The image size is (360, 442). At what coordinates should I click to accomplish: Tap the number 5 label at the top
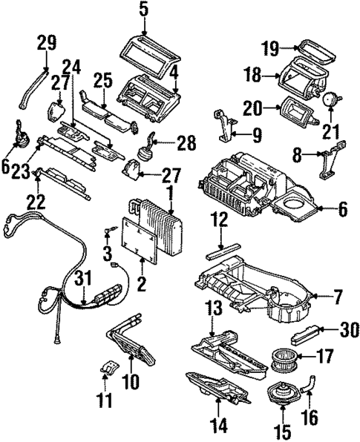(x=143, y=10)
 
